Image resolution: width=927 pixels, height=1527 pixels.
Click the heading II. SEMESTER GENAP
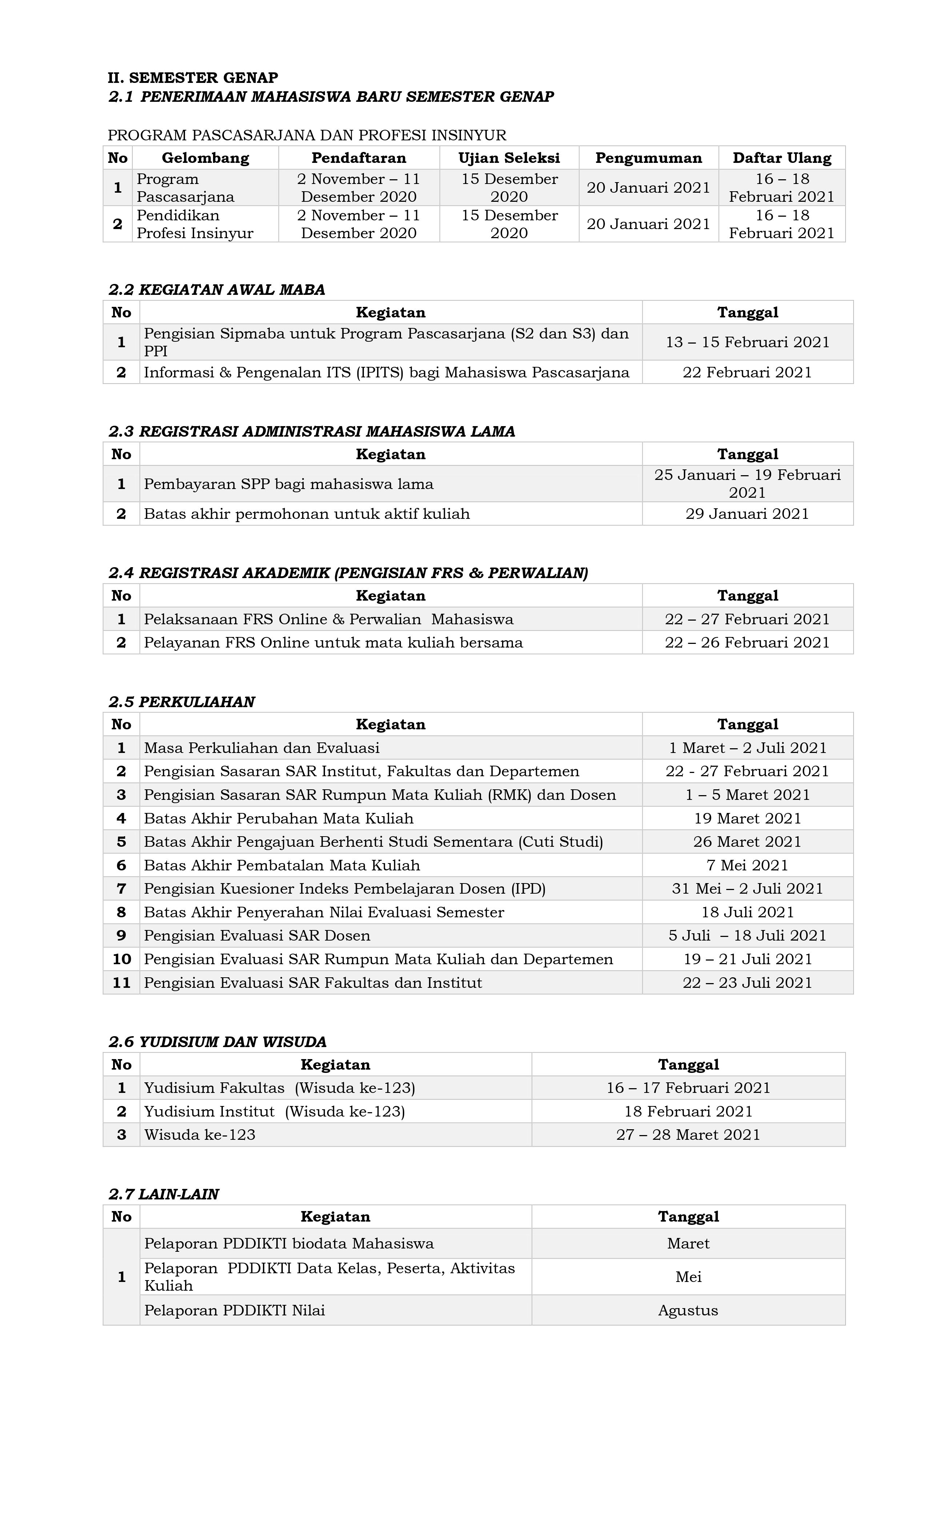(193, 77)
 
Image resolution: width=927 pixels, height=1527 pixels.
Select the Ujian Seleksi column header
(509, 158)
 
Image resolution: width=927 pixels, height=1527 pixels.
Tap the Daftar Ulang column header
(781, 158)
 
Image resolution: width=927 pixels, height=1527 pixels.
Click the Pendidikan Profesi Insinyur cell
(195, 224)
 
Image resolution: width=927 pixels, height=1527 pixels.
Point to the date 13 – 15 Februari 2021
(747, 342)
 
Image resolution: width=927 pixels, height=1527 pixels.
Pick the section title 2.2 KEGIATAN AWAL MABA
(217, 289)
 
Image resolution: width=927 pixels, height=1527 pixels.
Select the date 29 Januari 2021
(747, 514)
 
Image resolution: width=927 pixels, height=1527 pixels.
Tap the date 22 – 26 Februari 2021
(747, 643)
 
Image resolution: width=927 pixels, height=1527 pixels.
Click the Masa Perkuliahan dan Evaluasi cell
(261, 748)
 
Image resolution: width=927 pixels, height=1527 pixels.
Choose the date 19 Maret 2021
(747, 819)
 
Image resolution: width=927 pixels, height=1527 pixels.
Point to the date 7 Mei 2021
(747, 866)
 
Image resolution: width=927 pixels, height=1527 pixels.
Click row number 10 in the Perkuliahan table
(121, 959)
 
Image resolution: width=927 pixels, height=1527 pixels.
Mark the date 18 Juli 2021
(747, 912)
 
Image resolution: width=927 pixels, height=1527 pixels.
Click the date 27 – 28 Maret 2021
(688, 1135)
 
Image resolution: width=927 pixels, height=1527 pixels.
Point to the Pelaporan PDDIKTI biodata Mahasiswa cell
(289, 1243)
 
